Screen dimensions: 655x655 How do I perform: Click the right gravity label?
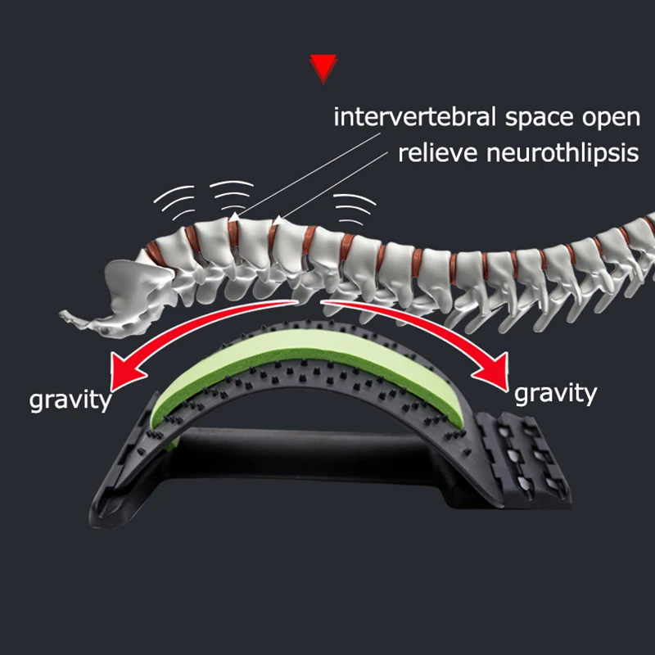[x=555, y=393]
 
